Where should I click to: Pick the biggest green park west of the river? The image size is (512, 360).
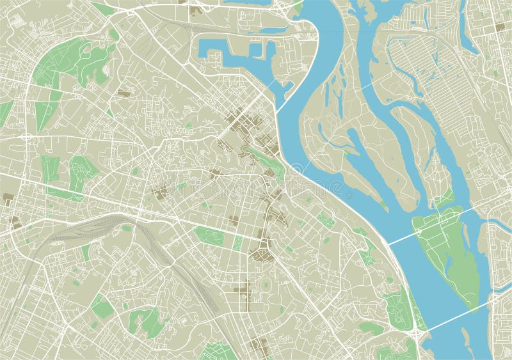(x=70, y=61)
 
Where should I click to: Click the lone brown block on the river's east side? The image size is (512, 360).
(x=499, y=27)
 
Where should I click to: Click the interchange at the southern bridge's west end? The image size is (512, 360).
(x=417, y=334)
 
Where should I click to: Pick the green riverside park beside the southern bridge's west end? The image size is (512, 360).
(x=400, y=307)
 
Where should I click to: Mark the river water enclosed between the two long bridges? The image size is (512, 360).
(x=416, y=281)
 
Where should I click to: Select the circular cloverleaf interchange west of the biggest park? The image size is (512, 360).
(x=28, y=137)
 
